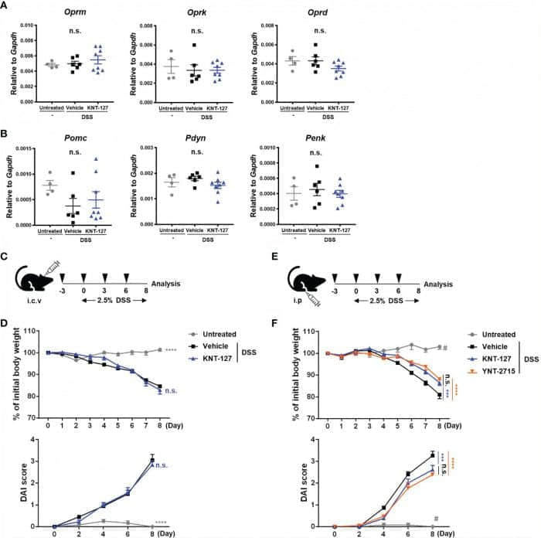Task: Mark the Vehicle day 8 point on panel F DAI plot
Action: coord(431,455)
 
